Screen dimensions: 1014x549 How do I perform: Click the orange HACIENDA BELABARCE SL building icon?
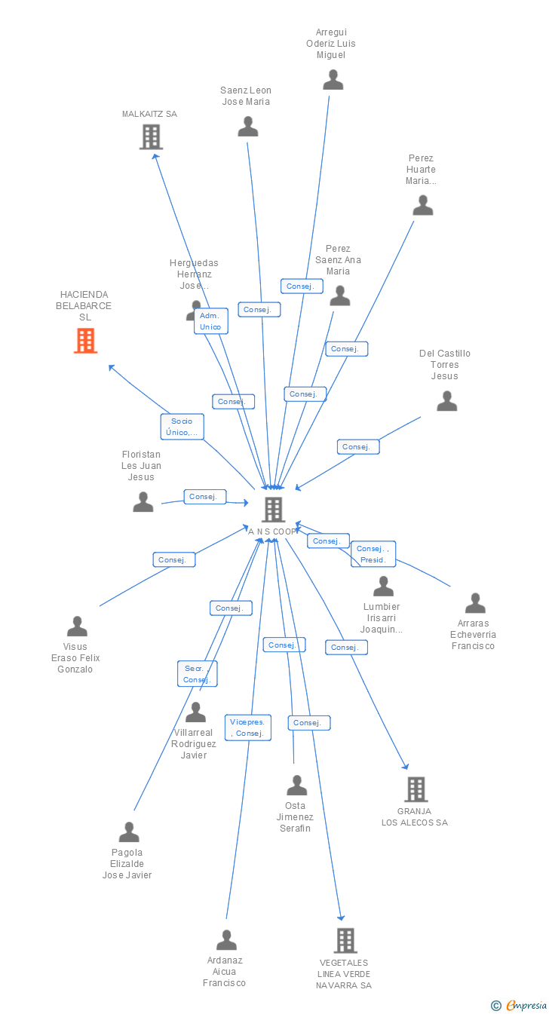pos(85,341)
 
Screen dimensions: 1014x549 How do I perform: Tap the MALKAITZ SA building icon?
pos(151,136)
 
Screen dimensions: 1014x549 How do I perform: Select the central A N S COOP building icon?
pos(272,510)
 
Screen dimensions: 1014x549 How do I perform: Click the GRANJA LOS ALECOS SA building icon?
pos(416,789)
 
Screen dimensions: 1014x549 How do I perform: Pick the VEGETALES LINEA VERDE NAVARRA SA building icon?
pos(345,940)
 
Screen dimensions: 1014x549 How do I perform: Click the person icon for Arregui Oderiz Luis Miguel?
pos(333,80)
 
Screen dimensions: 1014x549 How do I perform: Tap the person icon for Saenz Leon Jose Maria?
pos(247,127)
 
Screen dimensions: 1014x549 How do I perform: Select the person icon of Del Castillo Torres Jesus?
pos(446,401)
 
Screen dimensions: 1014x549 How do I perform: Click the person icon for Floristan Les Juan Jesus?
pos(143,502)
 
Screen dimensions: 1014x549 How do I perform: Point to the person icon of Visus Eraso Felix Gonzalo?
pos(77,626)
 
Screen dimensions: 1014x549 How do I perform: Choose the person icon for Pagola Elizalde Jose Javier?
pos(129,832)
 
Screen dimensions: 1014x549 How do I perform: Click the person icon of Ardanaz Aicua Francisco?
pos(226,940)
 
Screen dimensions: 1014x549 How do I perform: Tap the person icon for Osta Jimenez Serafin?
pos(296,786)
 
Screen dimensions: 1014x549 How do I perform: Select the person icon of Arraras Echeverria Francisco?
pos(474,603)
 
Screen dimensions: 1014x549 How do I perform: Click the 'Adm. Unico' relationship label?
pos(210,321)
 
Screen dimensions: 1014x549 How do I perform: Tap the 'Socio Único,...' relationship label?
pos(182,427)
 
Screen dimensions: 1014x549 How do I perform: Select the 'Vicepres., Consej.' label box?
pos(247,728)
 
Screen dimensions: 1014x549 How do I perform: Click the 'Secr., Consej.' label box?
pos(197,674)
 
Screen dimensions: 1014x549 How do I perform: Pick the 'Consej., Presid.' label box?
pos(373,554)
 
